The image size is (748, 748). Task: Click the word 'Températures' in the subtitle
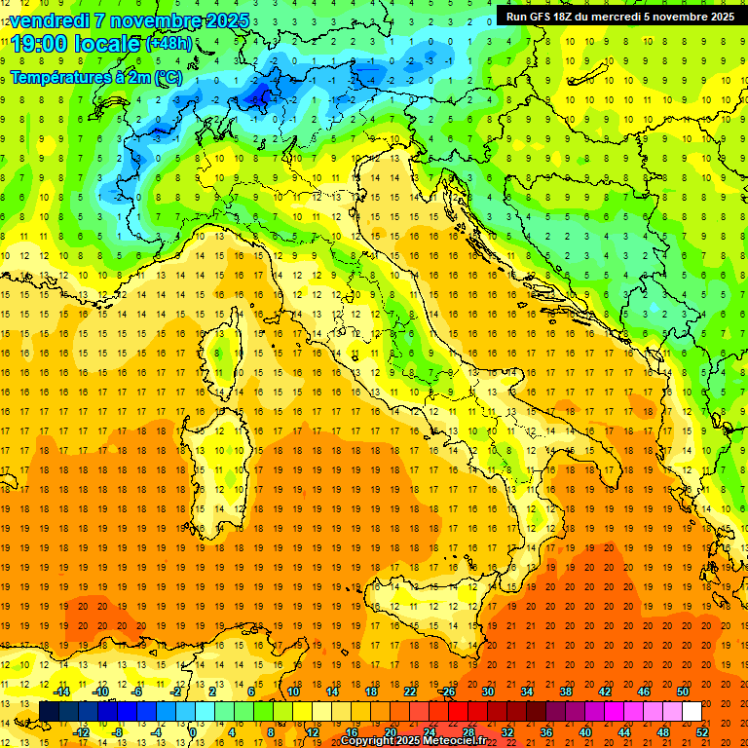59,77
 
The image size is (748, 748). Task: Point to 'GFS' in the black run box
544,17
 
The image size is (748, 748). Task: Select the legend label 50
682,692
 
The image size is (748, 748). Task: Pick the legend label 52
702,732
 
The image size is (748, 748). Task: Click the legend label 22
410,692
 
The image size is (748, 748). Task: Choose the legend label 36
546,732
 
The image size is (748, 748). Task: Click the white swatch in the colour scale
692,711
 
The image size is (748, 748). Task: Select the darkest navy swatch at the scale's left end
49,711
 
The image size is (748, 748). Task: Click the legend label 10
293,692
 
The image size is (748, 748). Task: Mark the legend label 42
604,692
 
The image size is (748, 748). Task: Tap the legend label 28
468,732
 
